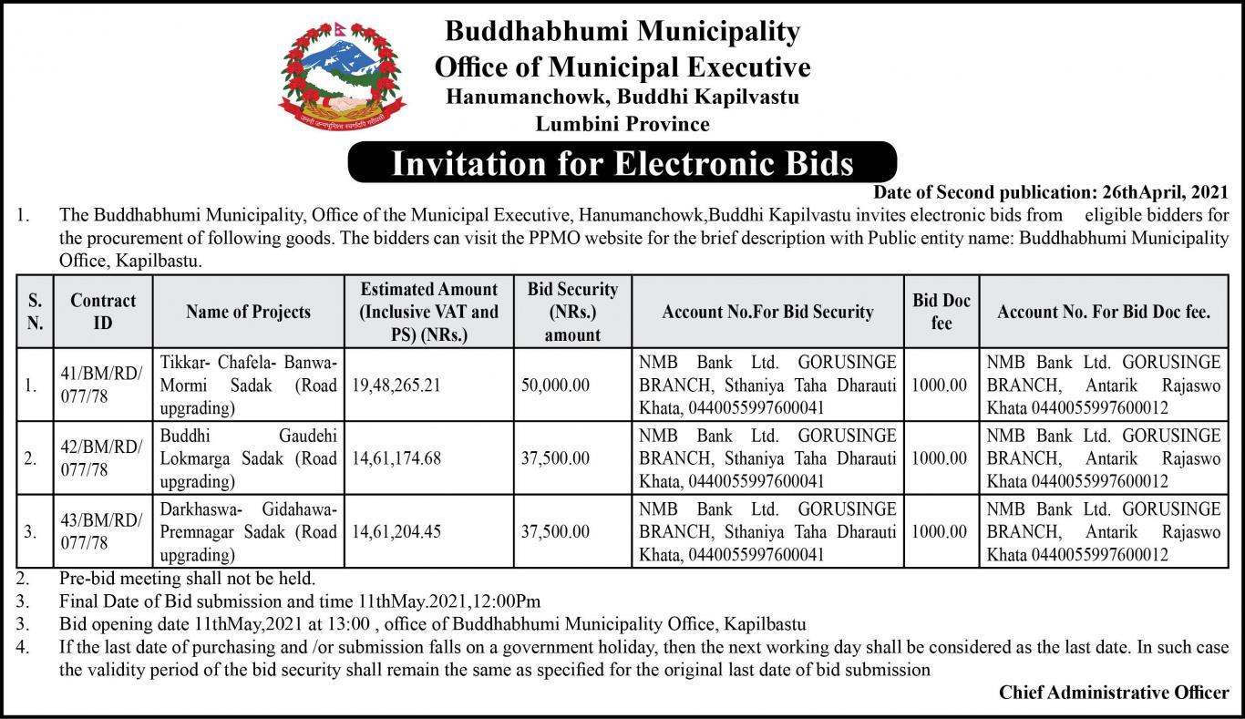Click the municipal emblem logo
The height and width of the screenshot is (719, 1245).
pos(342,74)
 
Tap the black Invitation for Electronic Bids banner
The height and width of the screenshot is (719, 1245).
pos(622,162)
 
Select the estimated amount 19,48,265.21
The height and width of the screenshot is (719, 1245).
pos(396,385)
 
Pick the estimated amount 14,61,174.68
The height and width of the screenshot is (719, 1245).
pos(396,458)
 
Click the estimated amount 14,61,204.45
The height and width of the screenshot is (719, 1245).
pos(396,531)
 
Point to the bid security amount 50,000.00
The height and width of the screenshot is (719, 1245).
pos(555,385)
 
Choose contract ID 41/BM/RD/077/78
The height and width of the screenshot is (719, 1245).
pos(103,385)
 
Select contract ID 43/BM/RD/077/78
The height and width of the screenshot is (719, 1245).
pos(103,531)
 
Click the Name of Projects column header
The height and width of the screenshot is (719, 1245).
pos(248,312)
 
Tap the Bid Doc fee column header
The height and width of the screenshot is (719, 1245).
pos(941,312)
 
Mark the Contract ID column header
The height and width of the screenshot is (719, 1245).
pos(103,312)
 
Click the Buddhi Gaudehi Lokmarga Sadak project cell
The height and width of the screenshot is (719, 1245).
pos(248,458)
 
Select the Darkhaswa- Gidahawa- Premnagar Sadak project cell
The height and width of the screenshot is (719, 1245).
pos(248,531)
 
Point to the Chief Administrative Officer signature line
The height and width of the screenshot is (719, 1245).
pos(1114,693)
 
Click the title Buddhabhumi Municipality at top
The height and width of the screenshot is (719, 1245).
pos(622,32)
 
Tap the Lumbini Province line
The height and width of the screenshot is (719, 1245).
pos(622,123)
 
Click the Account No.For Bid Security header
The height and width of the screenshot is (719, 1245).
pos(767,312)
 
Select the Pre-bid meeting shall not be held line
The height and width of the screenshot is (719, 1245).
pos(187,578)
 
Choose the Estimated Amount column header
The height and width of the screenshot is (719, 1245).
pos(429,312)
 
